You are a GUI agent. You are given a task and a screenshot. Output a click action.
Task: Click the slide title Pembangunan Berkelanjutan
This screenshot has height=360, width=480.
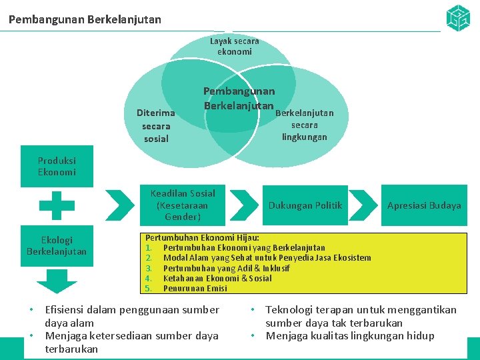(x=85, y=19)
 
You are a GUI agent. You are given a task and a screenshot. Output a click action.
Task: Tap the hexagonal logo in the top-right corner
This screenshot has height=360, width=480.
(x=457, y=18)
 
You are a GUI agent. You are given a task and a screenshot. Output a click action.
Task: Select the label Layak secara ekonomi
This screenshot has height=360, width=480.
(x=234, y=46)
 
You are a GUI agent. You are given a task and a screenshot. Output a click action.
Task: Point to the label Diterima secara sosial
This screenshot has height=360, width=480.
(x=156, y=126)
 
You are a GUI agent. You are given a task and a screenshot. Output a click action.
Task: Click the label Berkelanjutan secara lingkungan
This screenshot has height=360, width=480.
(x=305, y=125)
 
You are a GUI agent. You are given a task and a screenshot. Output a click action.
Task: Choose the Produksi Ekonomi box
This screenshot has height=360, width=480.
(x=57, y=167)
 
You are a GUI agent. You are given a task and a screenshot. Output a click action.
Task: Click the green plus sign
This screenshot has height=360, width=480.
(x=57, y=205)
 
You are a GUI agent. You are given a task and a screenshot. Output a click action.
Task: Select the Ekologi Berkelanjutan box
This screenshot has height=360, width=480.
(x=57, y=245)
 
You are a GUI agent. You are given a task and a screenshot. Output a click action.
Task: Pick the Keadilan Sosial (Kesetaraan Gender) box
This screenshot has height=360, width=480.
(x=183, y=205)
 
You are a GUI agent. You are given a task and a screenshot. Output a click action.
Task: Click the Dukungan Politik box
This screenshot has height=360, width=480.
(x=305, y=205)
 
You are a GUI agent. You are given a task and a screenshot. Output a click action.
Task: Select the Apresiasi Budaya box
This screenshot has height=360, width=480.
(x=424, y=205)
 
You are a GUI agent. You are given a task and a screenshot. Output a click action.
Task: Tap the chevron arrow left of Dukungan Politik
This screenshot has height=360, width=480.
(x=248, y=205)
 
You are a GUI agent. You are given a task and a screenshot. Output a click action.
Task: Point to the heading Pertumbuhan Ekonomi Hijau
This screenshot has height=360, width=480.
(x=203, y=237)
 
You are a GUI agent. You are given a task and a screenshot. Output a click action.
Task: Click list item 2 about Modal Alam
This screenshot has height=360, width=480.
(x=267, y=257)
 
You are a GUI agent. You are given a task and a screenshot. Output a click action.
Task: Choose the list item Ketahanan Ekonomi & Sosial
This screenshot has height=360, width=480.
(x=217, y=278)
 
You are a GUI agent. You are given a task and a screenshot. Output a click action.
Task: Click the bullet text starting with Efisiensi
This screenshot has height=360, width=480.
(x=131, y=315)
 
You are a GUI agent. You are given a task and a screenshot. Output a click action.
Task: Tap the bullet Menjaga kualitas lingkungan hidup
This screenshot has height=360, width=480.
(x=349, y=335)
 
